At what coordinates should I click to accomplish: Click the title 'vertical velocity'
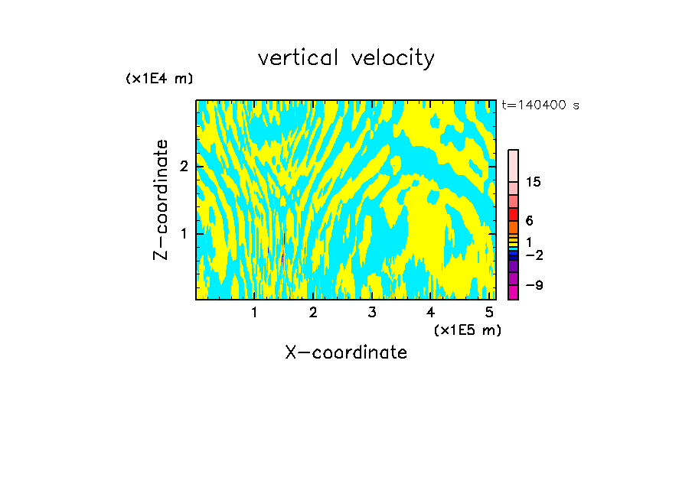346,58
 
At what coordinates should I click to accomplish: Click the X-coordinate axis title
346,352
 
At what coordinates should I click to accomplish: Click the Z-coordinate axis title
161,200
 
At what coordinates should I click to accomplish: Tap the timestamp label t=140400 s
540,106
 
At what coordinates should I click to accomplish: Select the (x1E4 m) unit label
159,79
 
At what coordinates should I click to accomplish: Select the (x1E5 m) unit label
467,330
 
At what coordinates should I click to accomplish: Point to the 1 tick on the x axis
254,313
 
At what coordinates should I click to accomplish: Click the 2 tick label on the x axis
313,313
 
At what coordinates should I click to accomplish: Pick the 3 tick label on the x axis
372,313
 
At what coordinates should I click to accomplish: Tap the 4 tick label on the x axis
430,313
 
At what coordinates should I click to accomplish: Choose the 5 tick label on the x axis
489,313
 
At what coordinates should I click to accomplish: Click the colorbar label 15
534,182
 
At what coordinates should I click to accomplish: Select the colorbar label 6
529,221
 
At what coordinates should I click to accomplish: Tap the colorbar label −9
534,285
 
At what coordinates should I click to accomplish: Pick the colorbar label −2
534,255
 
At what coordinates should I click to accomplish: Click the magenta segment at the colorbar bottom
513,292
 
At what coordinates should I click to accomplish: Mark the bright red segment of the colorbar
513,215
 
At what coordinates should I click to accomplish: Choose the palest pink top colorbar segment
513,165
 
